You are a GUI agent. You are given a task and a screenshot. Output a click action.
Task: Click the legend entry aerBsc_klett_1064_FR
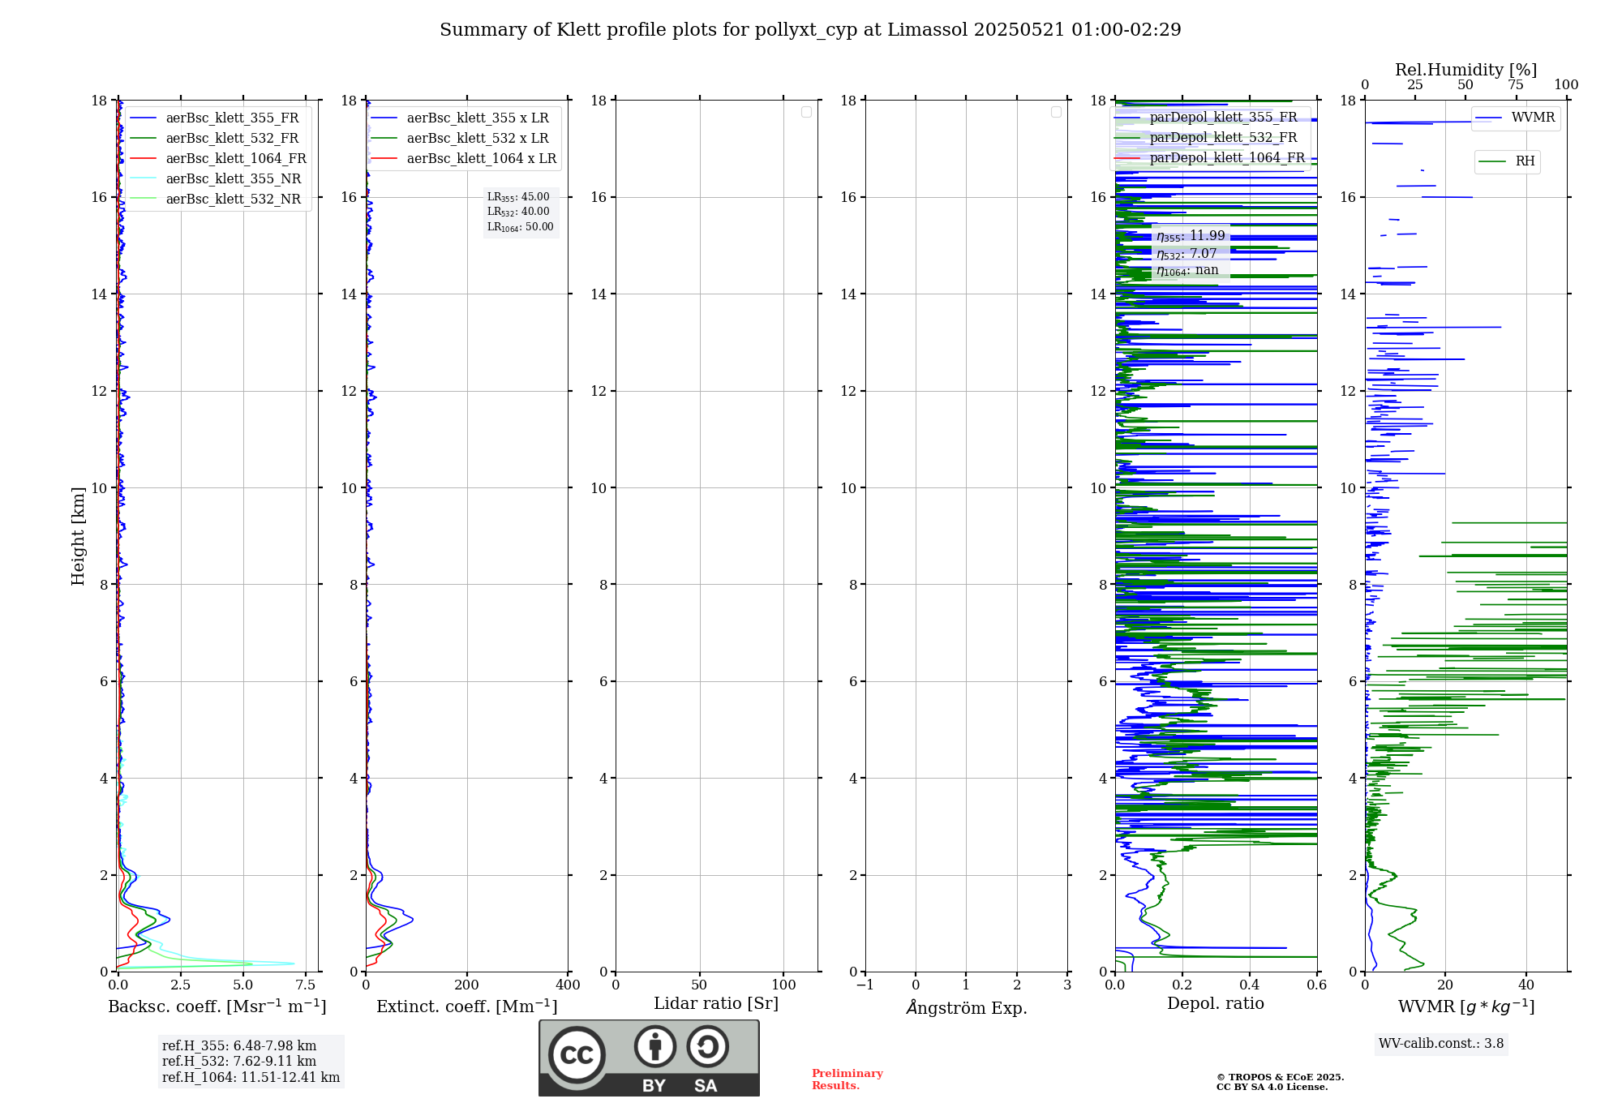235,159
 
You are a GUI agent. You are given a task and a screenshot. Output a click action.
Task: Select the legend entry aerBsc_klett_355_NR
233,179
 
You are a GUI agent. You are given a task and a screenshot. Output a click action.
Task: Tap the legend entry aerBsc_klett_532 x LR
477,139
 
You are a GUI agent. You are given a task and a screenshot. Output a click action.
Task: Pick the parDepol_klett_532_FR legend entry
1223,138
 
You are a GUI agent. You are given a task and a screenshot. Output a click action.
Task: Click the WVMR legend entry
1533,118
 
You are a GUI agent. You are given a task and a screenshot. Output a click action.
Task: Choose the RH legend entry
1525,161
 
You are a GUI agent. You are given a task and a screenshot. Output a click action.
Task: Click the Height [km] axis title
78,536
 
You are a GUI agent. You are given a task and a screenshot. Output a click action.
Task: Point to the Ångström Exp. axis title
966,1008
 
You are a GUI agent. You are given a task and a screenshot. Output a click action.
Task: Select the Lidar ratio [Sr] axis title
716,1004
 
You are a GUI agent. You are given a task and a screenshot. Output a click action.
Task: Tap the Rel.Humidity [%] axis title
1465,70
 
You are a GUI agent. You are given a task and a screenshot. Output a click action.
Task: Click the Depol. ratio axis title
1215,1004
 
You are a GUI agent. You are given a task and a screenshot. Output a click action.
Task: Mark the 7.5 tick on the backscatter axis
306,985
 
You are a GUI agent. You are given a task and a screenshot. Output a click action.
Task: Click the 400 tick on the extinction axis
568,985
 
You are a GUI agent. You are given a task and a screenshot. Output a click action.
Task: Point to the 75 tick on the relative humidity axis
1515,85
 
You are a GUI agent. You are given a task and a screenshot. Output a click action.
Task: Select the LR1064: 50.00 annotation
520,227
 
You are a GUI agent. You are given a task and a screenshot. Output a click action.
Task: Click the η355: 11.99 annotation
1191,236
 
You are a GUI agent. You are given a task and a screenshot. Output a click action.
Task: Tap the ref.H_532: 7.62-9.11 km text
239,1062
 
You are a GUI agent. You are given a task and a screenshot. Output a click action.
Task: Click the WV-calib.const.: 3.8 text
1441,1044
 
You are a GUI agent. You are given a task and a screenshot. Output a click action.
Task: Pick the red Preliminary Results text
847,1079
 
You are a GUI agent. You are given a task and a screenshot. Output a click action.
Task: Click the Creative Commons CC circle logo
577,1055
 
